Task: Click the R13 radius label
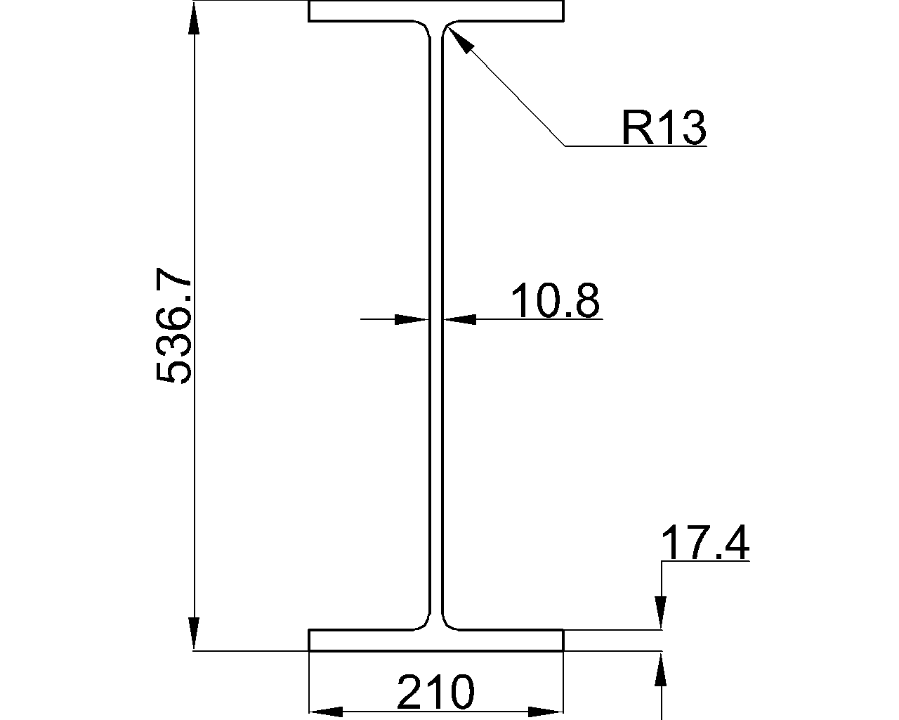[663, 128]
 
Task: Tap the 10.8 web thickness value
[555, 301]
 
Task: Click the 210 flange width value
[435, 693]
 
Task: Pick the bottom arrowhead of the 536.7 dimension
[195, 634]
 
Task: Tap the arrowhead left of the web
[412, 319]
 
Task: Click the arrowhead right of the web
[459, 319]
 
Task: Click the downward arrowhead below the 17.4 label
[660, 612]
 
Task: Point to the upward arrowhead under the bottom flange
[660, 669]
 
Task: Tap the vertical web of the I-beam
[435, 422]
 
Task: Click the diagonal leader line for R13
[513, 94]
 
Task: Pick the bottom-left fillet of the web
[424, 623]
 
